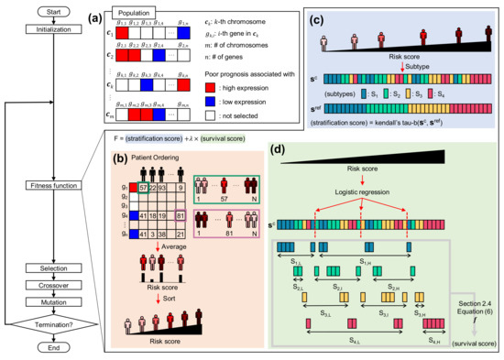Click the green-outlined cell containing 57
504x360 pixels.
pyautogui.click(x=145, y=161)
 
